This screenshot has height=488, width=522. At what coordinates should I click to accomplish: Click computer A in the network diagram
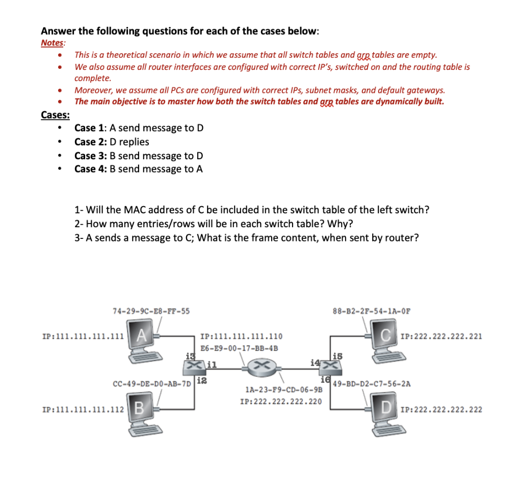click(x=143, y=340)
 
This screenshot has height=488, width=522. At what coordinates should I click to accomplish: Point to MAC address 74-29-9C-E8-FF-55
click(x=151, y=310)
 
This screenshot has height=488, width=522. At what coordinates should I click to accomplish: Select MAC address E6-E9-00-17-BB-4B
click(x=239, y=349)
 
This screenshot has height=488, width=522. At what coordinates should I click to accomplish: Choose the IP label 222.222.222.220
click(x=281, y=401)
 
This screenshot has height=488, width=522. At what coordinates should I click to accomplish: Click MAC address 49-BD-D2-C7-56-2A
click(x=372, y=382)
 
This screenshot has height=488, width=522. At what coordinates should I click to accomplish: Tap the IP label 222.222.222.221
click(x=442, y=336)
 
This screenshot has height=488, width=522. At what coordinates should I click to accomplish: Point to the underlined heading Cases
click(x=56, y=115)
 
